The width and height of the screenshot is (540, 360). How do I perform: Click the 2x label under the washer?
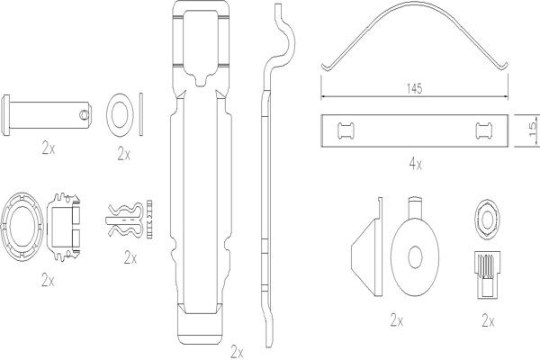click(123, 153)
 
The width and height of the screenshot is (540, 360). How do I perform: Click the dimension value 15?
click(532, 130)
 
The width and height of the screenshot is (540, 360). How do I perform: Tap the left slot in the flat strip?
click(344, 130)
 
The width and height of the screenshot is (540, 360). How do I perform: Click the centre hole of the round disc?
click(416, 255)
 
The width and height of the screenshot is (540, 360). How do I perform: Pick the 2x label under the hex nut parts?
click(488, 320)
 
